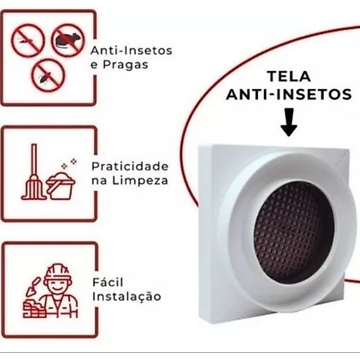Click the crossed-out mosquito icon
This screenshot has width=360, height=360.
(28, 40)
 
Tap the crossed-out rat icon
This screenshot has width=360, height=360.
(68, 40)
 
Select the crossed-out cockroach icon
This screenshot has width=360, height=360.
(48, 75)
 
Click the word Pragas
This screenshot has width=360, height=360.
(125, 65)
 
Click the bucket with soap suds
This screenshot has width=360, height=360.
(61, 185)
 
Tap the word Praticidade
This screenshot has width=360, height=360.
(130, 166)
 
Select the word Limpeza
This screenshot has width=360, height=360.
(140, 181)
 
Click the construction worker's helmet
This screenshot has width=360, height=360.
(58, 271)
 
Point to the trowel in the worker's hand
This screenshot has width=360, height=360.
(33, 286)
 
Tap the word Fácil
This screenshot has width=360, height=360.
(108, 282)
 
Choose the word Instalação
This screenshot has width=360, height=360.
(126, 296)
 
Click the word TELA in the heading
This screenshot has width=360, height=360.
(289, 76)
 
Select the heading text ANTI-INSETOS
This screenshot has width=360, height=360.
(289, 94)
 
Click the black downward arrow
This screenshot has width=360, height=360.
(289, 122)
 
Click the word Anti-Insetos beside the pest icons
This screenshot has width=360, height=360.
(131, 50)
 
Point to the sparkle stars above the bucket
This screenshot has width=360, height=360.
(69, 163)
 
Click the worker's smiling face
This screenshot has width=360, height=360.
(58, 286)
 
